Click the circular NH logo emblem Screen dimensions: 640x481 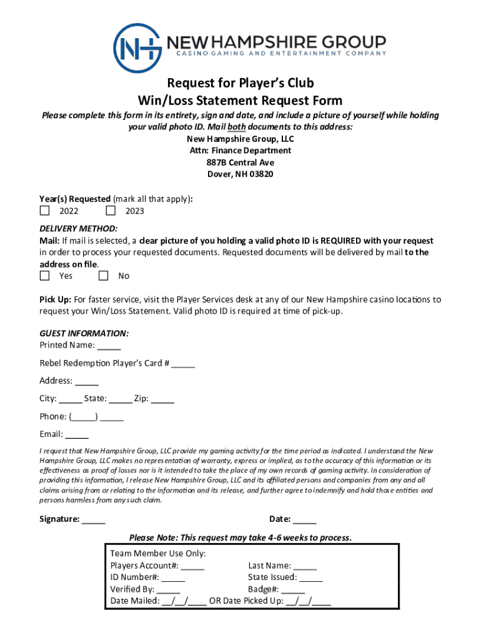[x=138, y=47]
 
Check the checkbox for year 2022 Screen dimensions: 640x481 [x=44, y=211]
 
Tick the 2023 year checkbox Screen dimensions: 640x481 [x=111, y=211]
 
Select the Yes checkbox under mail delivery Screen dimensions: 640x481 [x=44, y=276]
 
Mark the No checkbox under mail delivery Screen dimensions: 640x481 [x=103, y=276]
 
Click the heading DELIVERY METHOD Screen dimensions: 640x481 [x=78, y=229]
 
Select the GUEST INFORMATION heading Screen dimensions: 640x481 [x=84, y=333]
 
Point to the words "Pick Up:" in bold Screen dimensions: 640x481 [x=55, y=300]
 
